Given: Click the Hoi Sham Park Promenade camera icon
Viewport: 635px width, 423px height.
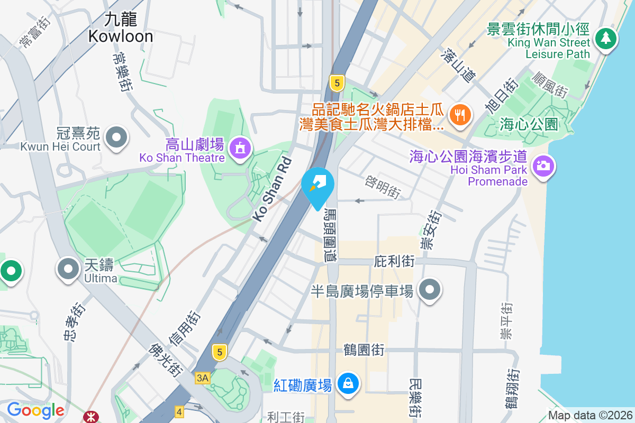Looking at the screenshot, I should tap(542, 165).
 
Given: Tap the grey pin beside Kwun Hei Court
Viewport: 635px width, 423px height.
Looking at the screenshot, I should tap(116, 138).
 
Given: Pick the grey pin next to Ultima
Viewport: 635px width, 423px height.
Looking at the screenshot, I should tap(68, 269).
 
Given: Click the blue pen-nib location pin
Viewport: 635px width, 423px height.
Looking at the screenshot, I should tap(317, 185).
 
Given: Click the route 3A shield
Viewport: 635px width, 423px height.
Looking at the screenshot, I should tap(202, 378).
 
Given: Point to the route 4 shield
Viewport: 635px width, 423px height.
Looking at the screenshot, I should tap(179, 411).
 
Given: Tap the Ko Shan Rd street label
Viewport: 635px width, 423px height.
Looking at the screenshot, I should tap(271, 189).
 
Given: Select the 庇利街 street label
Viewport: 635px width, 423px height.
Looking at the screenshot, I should tap(394, 261).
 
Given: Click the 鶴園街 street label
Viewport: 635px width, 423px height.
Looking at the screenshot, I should tap(364, 350).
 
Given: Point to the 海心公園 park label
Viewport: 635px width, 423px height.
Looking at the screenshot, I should tap(529, 125).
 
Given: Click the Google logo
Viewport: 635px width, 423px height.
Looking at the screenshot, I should tap(35, 410).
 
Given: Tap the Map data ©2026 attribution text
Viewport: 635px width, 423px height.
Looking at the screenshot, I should tap(590, 415).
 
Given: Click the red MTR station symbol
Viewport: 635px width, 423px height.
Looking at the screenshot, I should tap(90, 417).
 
